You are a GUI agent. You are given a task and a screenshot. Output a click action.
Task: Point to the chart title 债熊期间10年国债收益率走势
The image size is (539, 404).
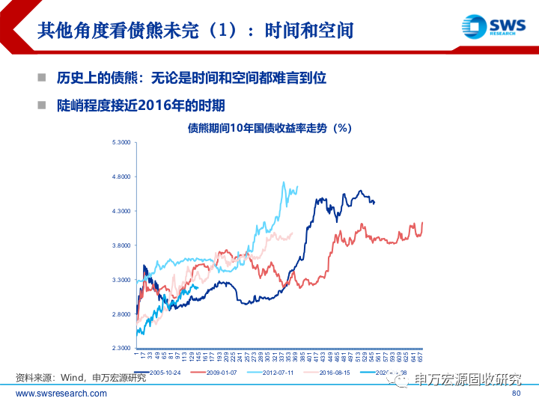[x=269, y=128]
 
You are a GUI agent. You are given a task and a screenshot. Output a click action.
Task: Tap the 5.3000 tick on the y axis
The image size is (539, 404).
[x=121, y=142]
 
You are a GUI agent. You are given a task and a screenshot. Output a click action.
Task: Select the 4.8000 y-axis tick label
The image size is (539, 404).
[x=121, y=177]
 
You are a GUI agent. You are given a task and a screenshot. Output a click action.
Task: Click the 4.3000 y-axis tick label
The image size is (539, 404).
[x=121, y=211]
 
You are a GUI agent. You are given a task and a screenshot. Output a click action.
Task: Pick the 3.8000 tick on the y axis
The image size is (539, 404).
[x=121, y=245]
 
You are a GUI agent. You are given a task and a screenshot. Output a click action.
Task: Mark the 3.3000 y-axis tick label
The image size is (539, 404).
[x=121, y=280]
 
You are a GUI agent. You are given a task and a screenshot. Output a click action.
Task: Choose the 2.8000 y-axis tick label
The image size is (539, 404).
[x=121, y=314]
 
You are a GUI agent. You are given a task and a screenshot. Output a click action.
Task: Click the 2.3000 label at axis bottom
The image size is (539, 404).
[x=121, y=349]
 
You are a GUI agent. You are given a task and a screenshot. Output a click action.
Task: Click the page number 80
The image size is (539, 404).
[x=515, y=394]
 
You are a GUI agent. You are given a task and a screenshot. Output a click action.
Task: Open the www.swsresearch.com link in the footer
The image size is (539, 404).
[x=61, y=394]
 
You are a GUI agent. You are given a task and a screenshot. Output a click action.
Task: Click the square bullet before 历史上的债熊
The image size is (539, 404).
[x=42, y=78]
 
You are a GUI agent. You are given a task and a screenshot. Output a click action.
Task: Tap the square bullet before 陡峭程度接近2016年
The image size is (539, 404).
[x=42, y=105]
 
